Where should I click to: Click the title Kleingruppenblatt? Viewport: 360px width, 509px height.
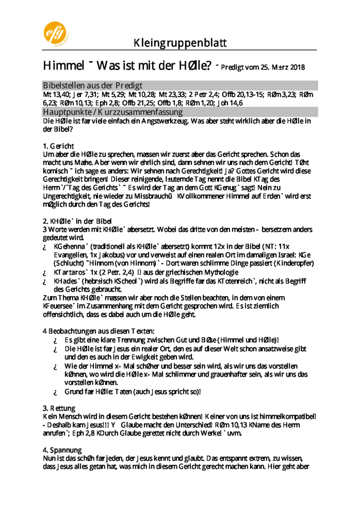[180, 43]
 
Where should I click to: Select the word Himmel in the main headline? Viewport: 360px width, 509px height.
[63, 66]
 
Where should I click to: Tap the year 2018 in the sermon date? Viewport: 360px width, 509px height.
[297, 67]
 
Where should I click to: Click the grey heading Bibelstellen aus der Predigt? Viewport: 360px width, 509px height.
[92, 85]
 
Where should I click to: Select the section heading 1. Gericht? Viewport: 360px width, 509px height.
[58, 146]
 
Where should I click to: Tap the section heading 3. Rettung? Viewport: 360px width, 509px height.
[59, 408]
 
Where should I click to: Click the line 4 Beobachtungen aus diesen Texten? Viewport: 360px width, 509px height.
[99, 331]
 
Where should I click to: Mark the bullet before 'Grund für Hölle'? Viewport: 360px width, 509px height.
[56, 392]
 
